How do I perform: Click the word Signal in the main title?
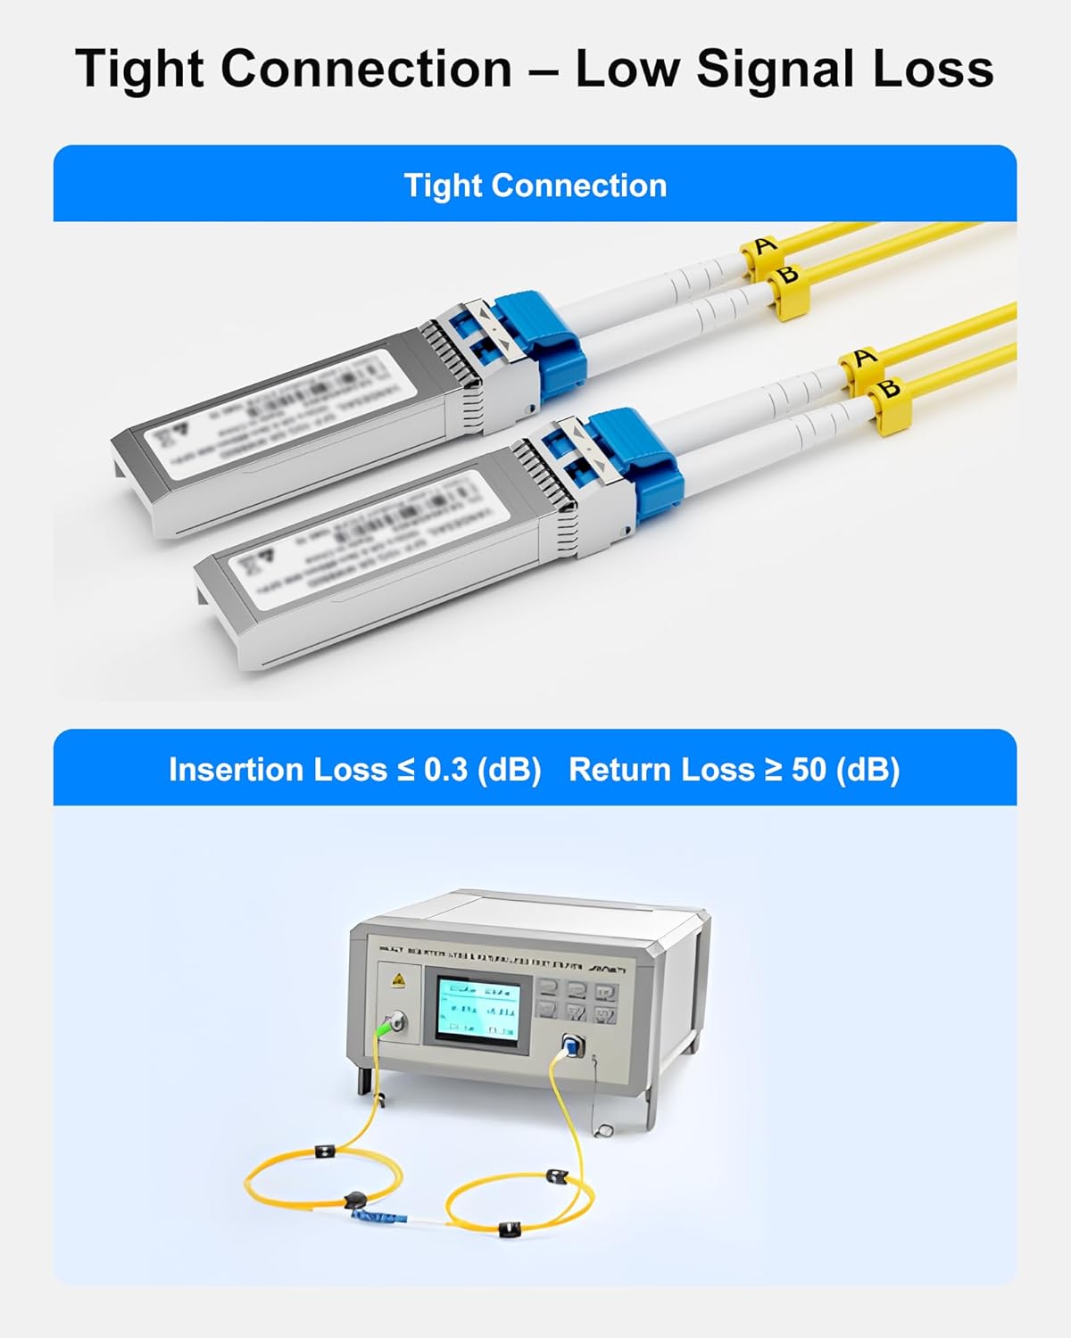[x=777, y=70]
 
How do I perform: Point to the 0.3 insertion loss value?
[x=446, y=770]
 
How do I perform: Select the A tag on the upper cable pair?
[x=763, y=246]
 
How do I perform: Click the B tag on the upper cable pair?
[x=787, y=275]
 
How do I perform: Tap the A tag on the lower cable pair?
[x=862, y=359]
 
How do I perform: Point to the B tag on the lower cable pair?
[x=888, y=389]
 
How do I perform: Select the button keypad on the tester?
[x=577, y=1001]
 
